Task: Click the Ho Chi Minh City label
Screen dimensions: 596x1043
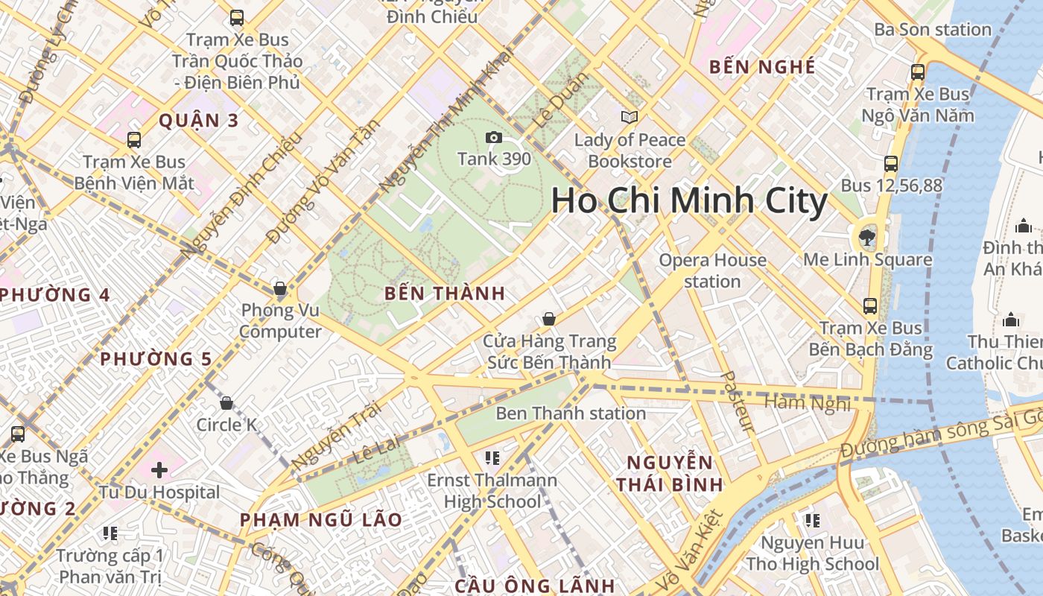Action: point(689,201)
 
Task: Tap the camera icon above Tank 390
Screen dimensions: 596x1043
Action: point(493,137)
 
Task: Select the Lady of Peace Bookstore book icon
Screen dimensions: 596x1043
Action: point(630,117)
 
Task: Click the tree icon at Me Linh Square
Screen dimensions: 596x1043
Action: point(866,238)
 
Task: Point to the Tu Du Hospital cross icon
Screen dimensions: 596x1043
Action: point(159,470)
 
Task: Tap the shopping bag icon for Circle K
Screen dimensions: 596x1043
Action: point(226,403)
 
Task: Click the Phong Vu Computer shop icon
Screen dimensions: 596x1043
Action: point(280,288)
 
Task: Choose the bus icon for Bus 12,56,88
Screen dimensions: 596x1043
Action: point(891,164)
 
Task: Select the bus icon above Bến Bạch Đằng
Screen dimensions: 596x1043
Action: point(869,306)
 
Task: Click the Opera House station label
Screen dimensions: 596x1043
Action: point(713,270)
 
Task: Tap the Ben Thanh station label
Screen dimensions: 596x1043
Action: point(571,413)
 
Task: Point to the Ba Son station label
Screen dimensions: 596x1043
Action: point(933,30)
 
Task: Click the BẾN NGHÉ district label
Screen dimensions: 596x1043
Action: point(762,67)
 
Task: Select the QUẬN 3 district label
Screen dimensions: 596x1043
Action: point(199,121)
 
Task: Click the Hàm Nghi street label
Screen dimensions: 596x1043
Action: point(808,403)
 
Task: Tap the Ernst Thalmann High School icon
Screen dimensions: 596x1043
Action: point(492,457)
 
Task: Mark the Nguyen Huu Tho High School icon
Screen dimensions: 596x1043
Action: point(812,520)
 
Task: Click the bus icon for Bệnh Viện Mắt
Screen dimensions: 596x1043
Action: point(134,140)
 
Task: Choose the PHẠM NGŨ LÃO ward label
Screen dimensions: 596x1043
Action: point(321,520)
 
